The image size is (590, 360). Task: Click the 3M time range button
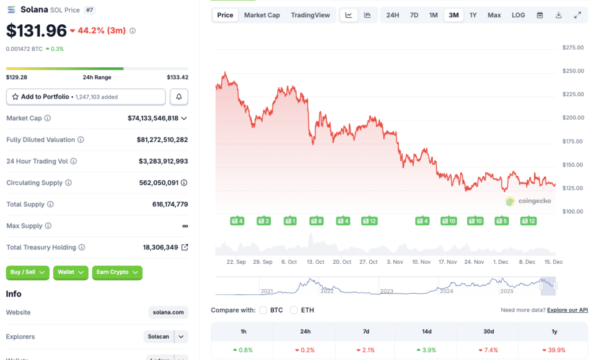453,15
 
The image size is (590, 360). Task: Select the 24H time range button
392,15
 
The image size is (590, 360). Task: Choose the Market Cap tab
262,15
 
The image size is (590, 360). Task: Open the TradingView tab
310,15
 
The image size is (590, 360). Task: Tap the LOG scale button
518,15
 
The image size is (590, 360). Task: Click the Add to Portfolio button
86,97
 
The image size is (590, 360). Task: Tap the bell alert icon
179,97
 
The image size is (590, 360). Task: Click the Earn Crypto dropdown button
117,272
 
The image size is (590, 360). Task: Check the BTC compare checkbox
263,310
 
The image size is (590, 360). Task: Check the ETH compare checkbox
294,310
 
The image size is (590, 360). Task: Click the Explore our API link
567,310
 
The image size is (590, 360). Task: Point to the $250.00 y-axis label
573,71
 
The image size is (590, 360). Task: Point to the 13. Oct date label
316,262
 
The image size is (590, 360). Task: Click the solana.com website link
168,312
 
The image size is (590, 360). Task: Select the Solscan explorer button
158,336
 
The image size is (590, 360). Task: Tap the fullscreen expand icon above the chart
577,15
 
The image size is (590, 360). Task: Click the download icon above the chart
558,15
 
